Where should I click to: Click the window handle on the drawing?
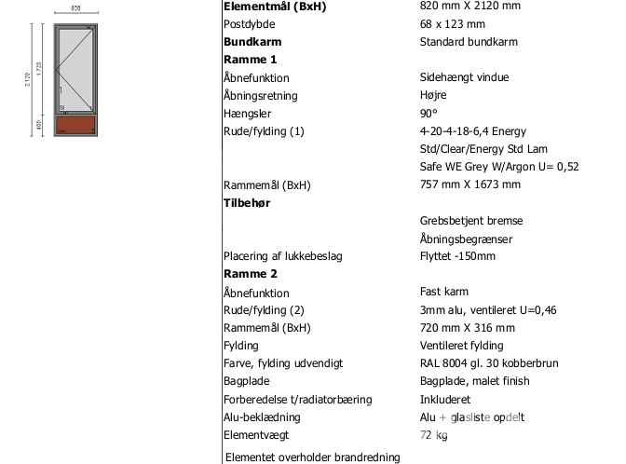pyautogui.click(x=61, y=90)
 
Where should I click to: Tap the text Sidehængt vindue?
pyautogui.click(x=463, y=77)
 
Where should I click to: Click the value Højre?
pyautogui.click(x=433, y=95)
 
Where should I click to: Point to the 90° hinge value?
pyautogui.click(x=429, y=113)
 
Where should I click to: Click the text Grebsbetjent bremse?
pyautogui.click(x=471, y=221)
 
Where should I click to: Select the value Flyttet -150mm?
pyautogui.click(x=457, y=256)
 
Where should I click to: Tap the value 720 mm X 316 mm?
pyautogui.click(x=468, y=328)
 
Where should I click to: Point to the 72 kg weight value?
pyautogui.click(x=434, y=434)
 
